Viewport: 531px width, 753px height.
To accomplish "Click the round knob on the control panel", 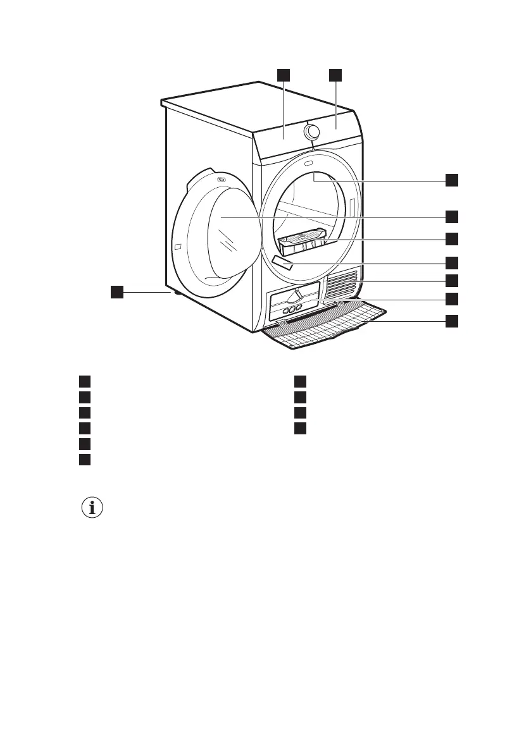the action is (x=311, y=132).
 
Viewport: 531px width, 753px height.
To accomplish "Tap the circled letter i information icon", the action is (x=93, y=508).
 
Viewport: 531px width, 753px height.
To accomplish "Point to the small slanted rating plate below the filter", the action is (x=282, y=263).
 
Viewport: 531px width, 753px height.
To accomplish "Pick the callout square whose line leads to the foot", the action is (x=116, y=291).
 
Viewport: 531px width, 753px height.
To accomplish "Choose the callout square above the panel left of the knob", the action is (x=283, y=75).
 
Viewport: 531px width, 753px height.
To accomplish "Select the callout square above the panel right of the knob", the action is (x=335, y=75).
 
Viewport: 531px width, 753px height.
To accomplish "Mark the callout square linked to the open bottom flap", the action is (x=451, y=321).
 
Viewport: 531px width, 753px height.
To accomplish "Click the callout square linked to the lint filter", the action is (x=451, y=239).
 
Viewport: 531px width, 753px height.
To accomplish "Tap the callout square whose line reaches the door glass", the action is (x=451, y=217).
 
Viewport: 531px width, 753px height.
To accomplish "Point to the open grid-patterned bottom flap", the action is (x=323, y=326).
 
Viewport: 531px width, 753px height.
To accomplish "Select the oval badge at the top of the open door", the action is (x=222, y=180).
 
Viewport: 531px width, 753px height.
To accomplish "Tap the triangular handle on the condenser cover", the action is (x=296, y=295).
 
